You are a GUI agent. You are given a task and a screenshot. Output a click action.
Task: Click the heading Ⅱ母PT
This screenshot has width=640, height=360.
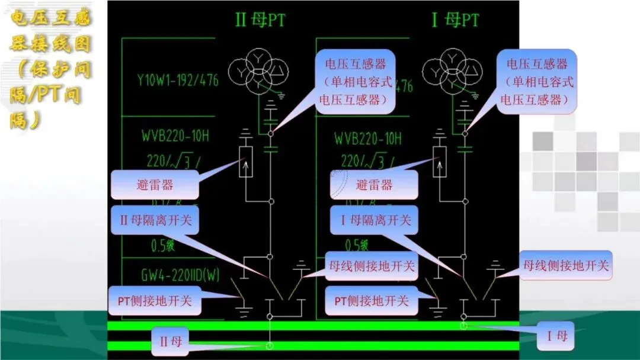260,21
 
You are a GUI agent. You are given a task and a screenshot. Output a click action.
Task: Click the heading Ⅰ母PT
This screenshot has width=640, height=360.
455,21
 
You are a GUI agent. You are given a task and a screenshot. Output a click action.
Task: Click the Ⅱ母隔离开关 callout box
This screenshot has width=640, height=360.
155,220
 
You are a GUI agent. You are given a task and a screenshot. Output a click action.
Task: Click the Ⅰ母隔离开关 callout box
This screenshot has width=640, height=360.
375,220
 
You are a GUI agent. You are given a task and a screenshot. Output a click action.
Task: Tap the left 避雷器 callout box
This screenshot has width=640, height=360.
155,185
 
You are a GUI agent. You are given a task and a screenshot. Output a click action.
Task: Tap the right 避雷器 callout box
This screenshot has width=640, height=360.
374,185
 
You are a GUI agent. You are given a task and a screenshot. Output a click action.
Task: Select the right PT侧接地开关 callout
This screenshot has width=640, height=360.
372,301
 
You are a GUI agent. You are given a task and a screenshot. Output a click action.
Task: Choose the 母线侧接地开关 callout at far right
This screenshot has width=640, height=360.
565,266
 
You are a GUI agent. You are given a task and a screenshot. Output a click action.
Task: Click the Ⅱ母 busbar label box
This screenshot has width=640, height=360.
171,342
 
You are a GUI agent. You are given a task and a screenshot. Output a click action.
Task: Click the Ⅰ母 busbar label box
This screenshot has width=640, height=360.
556,337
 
